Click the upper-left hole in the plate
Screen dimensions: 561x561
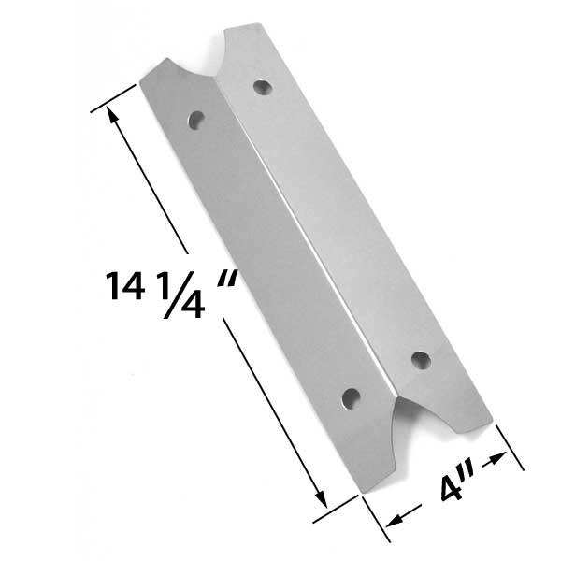point(196,121)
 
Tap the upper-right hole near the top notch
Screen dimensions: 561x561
point(262,86)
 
